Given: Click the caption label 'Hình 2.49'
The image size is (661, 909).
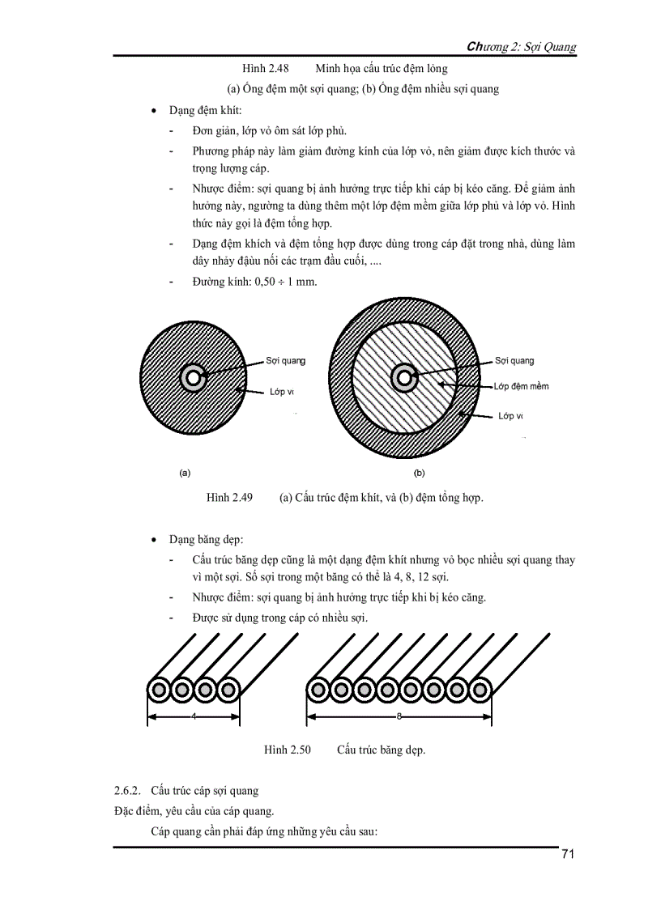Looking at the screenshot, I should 230,497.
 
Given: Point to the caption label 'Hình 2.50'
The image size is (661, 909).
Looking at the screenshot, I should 288,750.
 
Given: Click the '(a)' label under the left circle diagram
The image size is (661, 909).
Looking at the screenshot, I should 185,471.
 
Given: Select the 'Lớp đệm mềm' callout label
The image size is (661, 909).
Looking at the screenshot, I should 522,386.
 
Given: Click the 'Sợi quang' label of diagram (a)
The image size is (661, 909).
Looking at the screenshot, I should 285,362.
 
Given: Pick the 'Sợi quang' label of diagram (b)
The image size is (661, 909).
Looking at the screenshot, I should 514,361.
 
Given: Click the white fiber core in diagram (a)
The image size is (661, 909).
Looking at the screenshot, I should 193,377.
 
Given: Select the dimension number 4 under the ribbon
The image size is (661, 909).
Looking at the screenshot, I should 194,716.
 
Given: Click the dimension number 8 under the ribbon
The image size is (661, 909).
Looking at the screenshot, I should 399,716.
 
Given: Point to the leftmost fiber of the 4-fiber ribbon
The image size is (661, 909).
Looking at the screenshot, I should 160,690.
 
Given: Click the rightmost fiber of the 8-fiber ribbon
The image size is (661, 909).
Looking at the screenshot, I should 479,690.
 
